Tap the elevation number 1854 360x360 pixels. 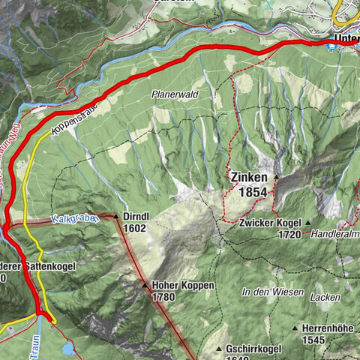click(x=253, y=193)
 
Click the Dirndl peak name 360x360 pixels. click(x=136, y=216)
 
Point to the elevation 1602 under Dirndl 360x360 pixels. click(x=135, y=227)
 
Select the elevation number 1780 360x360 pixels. click(x=163, y=297)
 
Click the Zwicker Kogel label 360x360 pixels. click(x=271, y=223)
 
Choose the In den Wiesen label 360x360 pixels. click(x=272, y=291)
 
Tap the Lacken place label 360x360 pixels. click(x=328, y=298)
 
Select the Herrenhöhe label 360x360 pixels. click(x=326, y=328)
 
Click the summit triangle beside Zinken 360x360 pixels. click(x=276, y=178)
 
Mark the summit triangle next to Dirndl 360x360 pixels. click(x=115, y=216)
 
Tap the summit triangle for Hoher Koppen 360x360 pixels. click(x=145, y=285)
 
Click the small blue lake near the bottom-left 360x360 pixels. click(x=68, y=348)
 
